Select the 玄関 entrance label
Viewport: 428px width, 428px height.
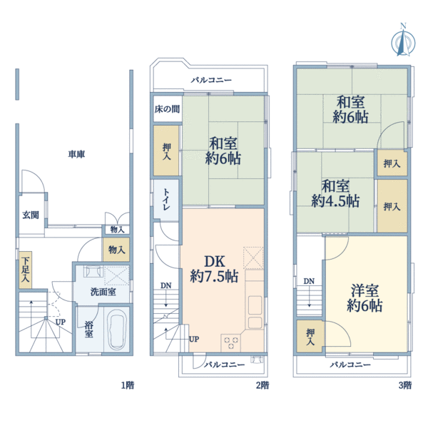click(30, 215)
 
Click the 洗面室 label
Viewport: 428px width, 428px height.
click(103, 292)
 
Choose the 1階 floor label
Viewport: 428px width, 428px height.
click(127, 385)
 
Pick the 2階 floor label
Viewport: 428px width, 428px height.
click(262, 385)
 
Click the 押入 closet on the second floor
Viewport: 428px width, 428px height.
click(166, 151)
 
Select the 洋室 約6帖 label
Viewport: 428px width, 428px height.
click(365, 297)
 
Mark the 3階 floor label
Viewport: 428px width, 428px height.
click(404, 385)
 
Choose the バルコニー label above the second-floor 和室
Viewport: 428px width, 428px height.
click(211, 80)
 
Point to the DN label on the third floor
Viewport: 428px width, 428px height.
click(309, 281)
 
